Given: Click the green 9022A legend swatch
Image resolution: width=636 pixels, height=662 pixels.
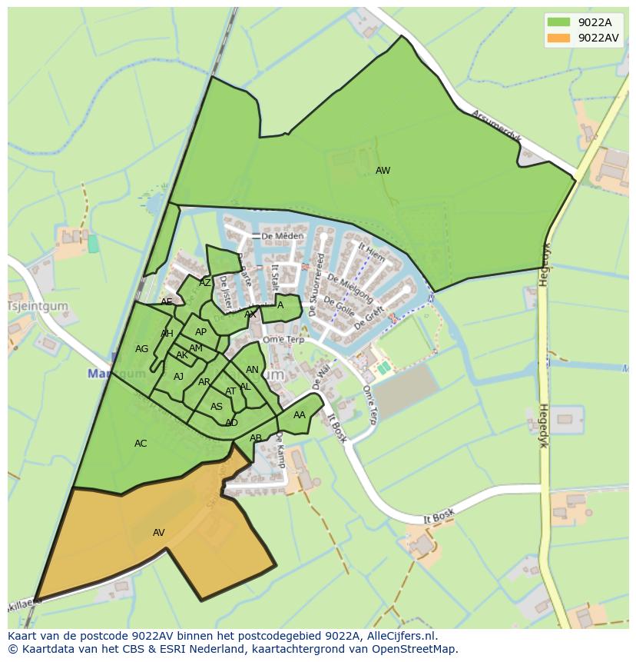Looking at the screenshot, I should point(558,22).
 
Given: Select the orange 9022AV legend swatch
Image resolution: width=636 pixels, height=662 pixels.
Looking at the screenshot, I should point(558,38).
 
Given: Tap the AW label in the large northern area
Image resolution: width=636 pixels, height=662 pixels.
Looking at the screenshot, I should point(383,171).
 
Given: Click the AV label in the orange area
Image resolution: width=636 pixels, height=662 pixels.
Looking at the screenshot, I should point(159,533).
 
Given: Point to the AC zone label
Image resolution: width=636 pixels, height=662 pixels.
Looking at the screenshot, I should point(141,444).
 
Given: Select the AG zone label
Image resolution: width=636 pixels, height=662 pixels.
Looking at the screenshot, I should point(141,349).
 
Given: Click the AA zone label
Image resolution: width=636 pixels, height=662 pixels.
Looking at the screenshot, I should point(300,415).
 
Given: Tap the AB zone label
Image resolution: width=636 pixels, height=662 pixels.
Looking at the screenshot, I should point(256,438).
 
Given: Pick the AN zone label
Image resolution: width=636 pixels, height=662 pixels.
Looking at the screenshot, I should point(252,370).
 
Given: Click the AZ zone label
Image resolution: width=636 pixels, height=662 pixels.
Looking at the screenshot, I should point(205,283).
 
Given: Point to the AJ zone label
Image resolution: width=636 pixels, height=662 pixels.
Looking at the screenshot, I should point(178,377).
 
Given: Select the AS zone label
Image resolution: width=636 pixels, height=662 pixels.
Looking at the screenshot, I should point(217,407).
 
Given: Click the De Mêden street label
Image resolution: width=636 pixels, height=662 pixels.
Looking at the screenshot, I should point(277,236).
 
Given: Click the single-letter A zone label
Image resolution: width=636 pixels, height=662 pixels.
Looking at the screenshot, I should point(280,305).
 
